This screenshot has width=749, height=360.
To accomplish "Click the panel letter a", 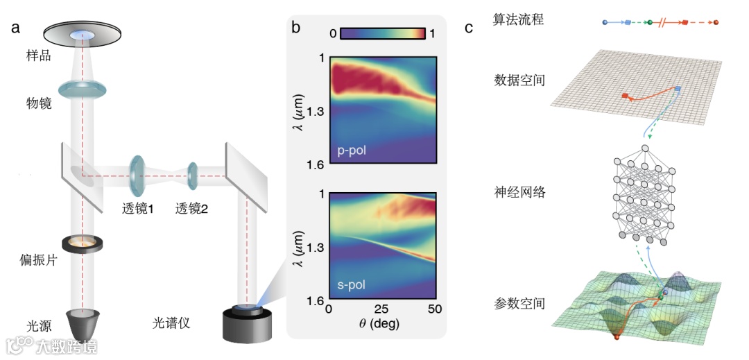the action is [15, 28].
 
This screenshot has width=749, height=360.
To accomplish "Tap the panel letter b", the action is [296, 28].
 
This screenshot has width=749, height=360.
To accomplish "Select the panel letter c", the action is [470, 28].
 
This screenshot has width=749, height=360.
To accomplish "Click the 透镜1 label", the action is [136, 207].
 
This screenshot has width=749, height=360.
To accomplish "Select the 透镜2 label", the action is [192, 207].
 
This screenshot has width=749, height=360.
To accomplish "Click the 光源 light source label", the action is [38, 324].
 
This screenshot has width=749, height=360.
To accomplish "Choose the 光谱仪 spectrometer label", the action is [171, 323].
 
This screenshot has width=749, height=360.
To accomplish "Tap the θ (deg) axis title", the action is [381, 324].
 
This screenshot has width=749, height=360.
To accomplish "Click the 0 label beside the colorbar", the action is [333, 33].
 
